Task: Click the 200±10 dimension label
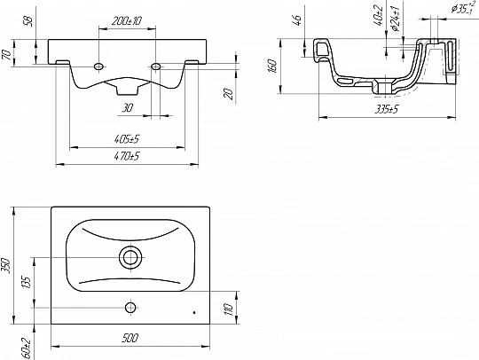tap(127, 21)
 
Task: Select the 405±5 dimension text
tap(127, 139)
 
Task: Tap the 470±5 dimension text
tap(127, 156)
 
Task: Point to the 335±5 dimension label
tap(387, 109)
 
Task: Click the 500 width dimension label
tap(130, 338)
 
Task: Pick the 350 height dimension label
tap(7, 266)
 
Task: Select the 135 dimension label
tap(27, 283)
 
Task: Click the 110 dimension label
tap(229, 309)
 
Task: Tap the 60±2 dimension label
tap(27, 348)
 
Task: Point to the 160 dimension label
tap(272, 66)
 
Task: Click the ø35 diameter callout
tap(463, 8)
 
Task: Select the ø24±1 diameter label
tap(396, 18)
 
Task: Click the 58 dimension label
tap(28, 21)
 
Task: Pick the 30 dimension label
tap(128, 107)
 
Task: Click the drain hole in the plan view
tap(131, 257)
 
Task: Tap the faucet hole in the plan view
tap(130, 308)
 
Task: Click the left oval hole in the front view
tap(99, 66)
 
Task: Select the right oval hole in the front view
tap(156, 66)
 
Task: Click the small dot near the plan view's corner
tap(194, 312)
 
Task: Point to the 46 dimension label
tap(298, 20)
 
